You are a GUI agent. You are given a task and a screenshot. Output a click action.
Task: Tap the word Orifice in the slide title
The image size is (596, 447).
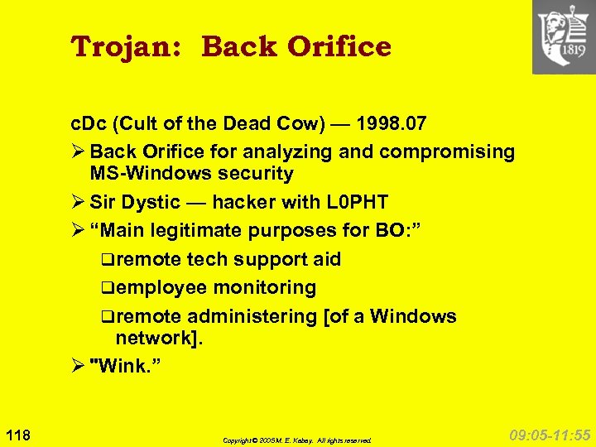click(339, 47)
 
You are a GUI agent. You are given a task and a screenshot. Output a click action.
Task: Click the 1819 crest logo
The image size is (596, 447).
click(563, 37)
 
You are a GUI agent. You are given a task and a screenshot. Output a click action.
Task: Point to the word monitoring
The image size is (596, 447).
click(265, 288)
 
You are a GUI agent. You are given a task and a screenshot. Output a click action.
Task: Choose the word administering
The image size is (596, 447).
click(252, 316)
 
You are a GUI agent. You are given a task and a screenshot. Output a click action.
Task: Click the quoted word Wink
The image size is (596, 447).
click(127, 366)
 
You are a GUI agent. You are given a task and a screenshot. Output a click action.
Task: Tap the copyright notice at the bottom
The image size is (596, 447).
click(297, 440)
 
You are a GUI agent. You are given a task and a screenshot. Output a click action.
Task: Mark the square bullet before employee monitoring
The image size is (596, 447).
click(108, 289)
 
